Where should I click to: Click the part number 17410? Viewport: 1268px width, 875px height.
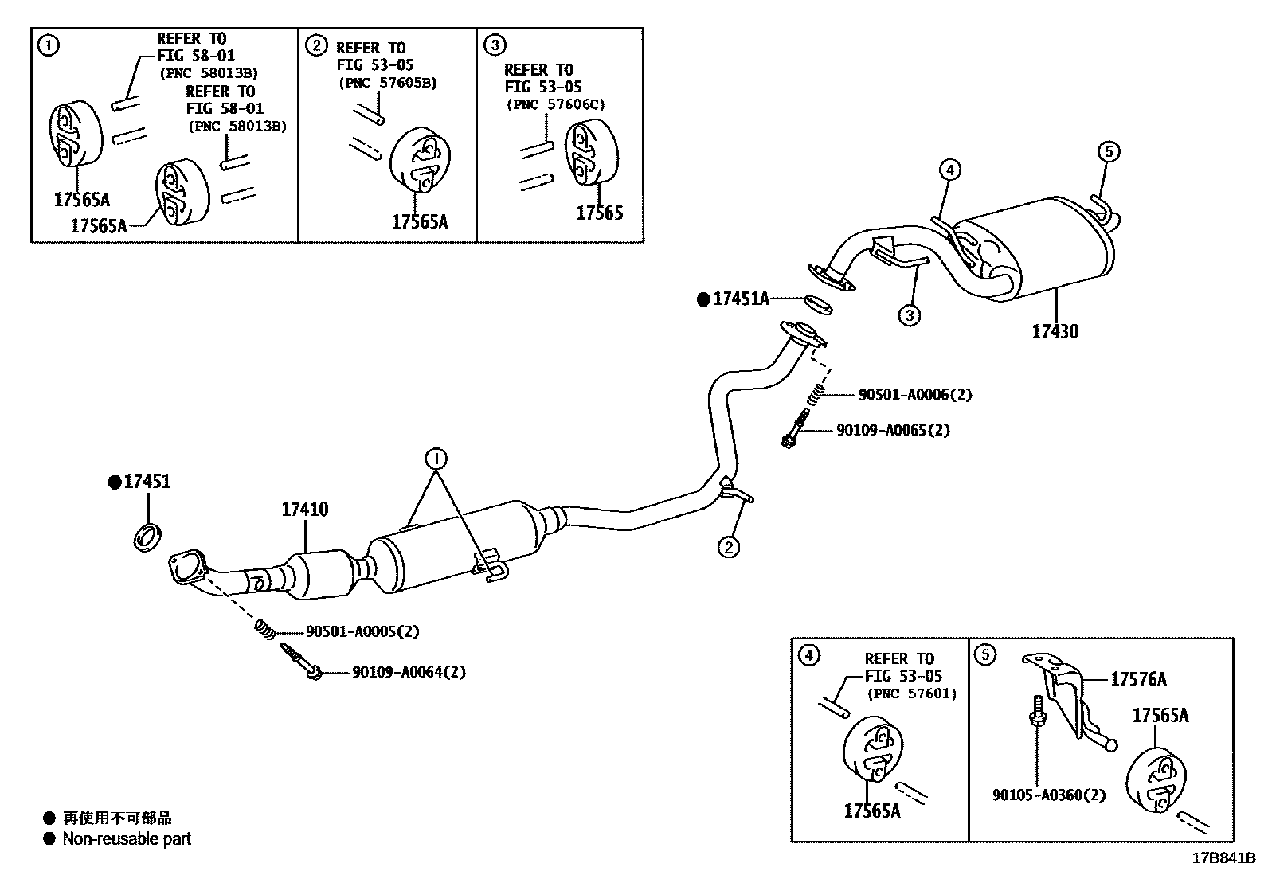304,510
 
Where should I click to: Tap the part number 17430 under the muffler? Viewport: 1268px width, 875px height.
1055,332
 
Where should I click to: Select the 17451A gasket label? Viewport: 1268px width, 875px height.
741,299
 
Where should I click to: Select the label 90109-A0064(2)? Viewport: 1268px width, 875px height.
409,672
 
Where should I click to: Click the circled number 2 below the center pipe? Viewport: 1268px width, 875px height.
728,547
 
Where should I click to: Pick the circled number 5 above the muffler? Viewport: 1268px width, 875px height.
1109,151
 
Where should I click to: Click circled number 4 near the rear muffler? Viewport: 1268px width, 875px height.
949,169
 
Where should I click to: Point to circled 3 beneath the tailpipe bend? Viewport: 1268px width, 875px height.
910,315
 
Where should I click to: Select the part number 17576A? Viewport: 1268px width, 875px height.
1138,679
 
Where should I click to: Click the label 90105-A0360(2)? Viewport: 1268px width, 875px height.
1048,795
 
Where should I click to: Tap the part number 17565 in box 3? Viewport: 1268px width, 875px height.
599,213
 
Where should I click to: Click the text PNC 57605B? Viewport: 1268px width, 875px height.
387,83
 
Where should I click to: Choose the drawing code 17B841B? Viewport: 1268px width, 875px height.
1223,858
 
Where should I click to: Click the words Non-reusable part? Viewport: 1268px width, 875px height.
127,838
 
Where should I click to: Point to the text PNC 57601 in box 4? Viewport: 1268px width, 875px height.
912,693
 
